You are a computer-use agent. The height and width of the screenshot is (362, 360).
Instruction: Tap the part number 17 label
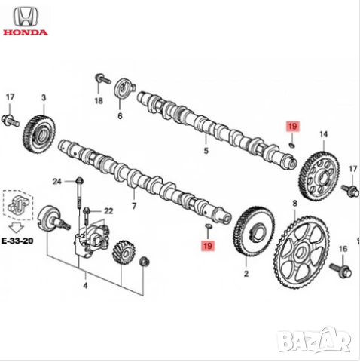(10, 98)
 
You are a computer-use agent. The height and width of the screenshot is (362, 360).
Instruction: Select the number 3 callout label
(43, 98)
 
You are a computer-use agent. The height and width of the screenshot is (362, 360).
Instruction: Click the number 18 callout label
(98, 100)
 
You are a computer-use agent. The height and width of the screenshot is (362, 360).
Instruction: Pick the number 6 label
(119, 116)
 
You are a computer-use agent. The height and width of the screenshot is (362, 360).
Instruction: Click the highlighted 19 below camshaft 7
(206, 246)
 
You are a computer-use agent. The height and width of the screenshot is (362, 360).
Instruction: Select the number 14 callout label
(323, 134)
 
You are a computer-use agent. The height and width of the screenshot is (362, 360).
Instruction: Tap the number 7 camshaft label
(134, 205)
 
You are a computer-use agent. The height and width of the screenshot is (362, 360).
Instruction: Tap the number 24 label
(56, 181)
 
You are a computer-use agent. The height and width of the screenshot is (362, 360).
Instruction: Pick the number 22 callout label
(107, 211)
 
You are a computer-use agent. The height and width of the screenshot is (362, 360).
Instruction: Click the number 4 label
(85, 286)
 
